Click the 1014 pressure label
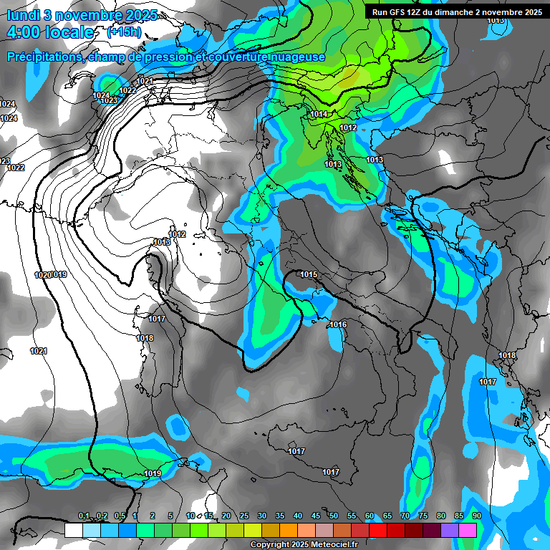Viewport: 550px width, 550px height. point(319,115)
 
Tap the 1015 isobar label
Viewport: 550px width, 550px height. point(309,275)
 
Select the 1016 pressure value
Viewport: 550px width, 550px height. point(338,325)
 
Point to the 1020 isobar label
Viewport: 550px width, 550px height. point(42,275)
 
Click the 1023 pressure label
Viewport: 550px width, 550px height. point(108,101)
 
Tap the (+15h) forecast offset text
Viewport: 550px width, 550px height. point(123,32)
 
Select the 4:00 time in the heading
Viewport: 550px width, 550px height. point(27,32)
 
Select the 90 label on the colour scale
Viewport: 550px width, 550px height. point(476,516)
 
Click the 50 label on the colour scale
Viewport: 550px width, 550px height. point(334,516)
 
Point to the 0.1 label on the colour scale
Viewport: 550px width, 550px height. point(83,516)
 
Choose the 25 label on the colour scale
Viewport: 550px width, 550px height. point(244,516)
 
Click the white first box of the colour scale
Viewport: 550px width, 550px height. point(73,531)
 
